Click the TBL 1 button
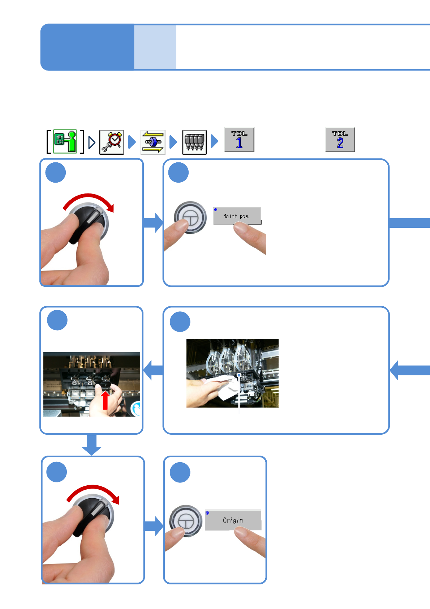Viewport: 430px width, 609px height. click(x=239, y=140)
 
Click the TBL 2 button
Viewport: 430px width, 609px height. click(x=340, y=140)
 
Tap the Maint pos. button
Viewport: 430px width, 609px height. click(x=237, y=216)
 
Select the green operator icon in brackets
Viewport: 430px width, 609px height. click(x=65, y=142)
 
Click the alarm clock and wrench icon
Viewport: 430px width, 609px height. click(x=112, y=142)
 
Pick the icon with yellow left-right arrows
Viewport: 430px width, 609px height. click(x=153, y=142)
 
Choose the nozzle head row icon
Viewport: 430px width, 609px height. click(x=194, y=142)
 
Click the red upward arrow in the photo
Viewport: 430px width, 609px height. click(x=105, y=401)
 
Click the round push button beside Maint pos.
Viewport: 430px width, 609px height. click(x=190, y=217)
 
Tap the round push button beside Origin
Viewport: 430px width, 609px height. click(x=185, y=521)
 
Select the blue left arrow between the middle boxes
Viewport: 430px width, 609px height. click(x=153, y=370)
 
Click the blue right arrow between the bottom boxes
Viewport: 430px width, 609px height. click(x=154, y=526)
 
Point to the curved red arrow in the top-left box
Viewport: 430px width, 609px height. click(x=89, y=200)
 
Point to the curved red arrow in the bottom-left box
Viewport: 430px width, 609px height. click(x=94, y=492)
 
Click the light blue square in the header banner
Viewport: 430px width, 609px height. click(x=155, y=47)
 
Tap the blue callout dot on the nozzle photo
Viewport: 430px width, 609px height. click(x=239, y=375)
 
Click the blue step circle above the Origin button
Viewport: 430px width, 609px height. click(x=180, y=472)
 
